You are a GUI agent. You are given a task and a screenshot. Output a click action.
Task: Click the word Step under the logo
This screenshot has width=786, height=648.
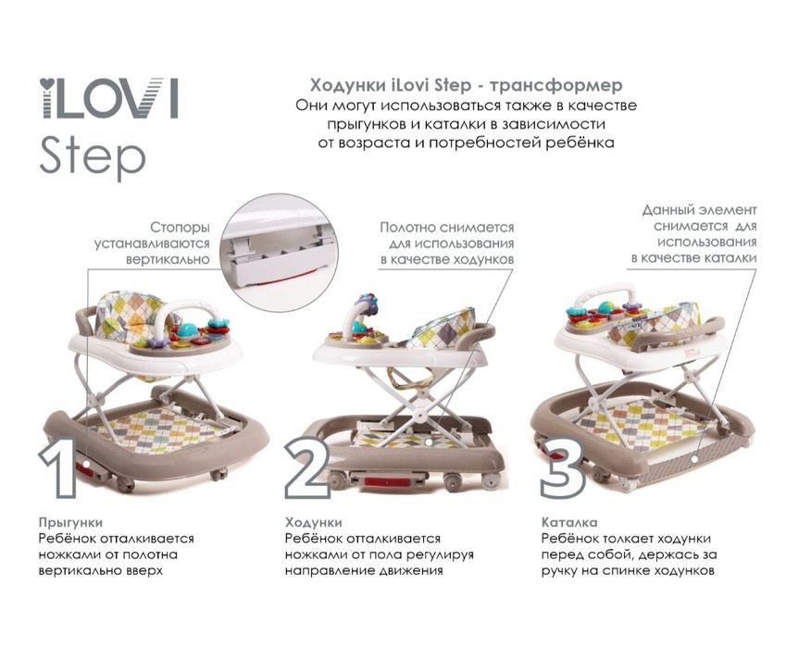tap(92, 157)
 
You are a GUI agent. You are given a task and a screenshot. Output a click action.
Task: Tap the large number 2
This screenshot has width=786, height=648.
tap(308, 468)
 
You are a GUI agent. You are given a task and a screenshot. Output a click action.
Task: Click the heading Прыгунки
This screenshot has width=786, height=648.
tap(70, 522)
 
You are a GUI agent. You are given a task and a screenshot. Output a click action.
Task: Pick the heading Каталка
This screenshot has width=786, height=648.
tap(569, 522)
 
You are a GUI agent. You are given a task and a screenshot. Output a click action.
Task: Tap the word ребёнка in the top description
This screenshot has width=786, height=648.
tap(580, 143)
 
